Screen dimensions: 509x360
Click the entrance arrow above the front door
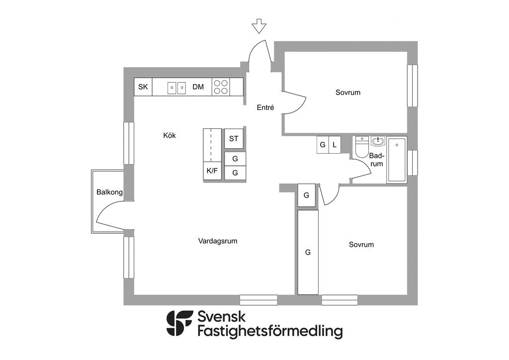pos(258,26)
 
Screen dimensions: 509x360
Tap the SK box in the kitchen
pos(143,87)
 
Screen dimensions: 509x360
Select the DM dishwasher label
pos(198,87)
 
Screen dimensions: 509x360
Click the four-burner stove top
pos(222,87)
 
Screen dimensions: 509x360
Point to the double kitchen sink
pos(176,88)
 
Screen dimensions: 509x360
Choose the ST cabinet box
pos(234,139)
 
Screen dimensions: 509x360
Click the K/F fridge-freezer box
pos(212,171)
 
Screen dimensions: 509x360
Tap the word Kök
pos(170,135)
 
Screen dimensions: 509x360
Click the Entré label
pos(265,107)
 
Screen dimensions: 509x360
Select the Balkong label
pos(109,192)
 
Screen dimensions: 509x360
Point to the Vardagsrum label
pos(218,241)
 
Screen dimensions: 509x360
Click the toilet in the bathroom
pos(361,147)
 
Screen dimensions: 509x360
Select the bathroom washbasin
pos(378,143)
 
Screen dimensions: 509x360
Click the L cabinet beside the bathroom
pos(335,145)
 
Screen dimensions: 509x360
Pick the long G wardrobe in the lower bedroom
pos(308,252)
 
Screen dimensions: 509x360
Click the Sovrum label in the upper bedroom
pos(348,92)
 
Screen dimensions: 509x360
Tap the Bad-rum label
pos(377,160)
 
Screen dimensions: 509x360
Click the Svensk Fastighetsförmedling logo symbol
pos(179,324)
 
